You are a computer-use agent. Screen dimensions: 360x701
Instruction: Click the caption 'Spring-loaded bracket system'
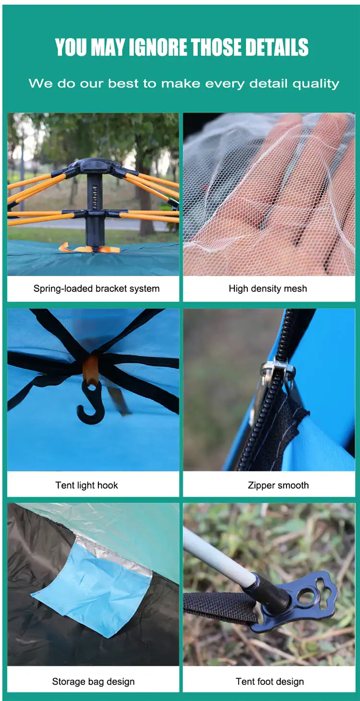[x=96, y=289]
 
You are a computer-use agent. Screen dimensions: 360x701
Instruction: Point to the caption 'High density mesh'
[x=268, y=289]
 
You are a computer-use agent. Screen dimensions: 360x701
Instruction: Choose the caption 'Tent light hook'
[x=86, y=485]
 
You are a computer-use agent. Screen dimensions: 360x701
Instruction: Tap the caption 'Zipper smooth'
[x=278, y=485]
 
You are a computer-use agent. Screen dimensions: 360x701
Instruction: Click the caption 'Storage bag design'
[x=93, y=681]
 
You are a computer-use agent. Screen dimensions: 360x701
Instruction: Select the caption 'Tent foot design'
[x=270, y=681]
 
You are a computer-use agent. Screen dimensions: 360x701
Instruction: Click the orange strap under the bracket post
[x=89, y=249]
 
